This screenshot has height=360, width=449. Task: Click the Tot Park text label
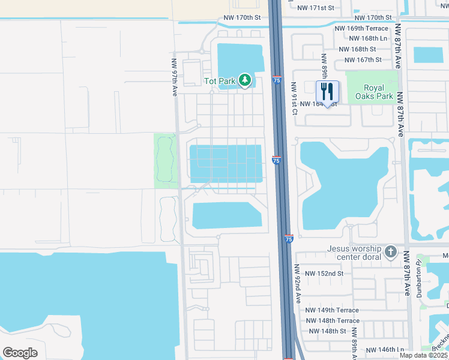[x=219, y=80]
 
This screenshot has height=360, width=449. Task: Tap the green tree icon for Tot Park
[x=244, y=80]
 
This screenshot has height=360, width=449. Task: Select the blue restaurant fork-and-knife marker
[x=327, y=91]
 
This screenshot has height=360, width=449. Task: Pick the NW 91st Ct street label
[x=294, y=100]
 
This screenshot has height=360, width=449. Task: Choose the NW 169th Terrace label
[x=361, y=28]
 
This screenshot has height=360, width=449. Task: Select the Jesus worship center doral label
[x=354, y=253]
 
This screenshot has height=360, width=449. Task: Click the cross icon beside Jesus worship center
[x=391, y=251]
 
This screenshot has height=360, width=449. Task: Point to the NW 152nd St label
[x=324, y=273]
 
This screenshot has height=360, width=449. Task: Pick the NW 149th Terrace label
[x=332, y=310]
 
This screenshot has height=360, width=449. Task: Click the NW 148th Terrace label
[x=332, y=320]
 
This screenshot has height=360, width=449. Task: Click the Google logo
[x=20, y=353]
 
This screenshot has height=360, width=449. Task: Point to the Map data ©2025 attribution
[x=423, y=355]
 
